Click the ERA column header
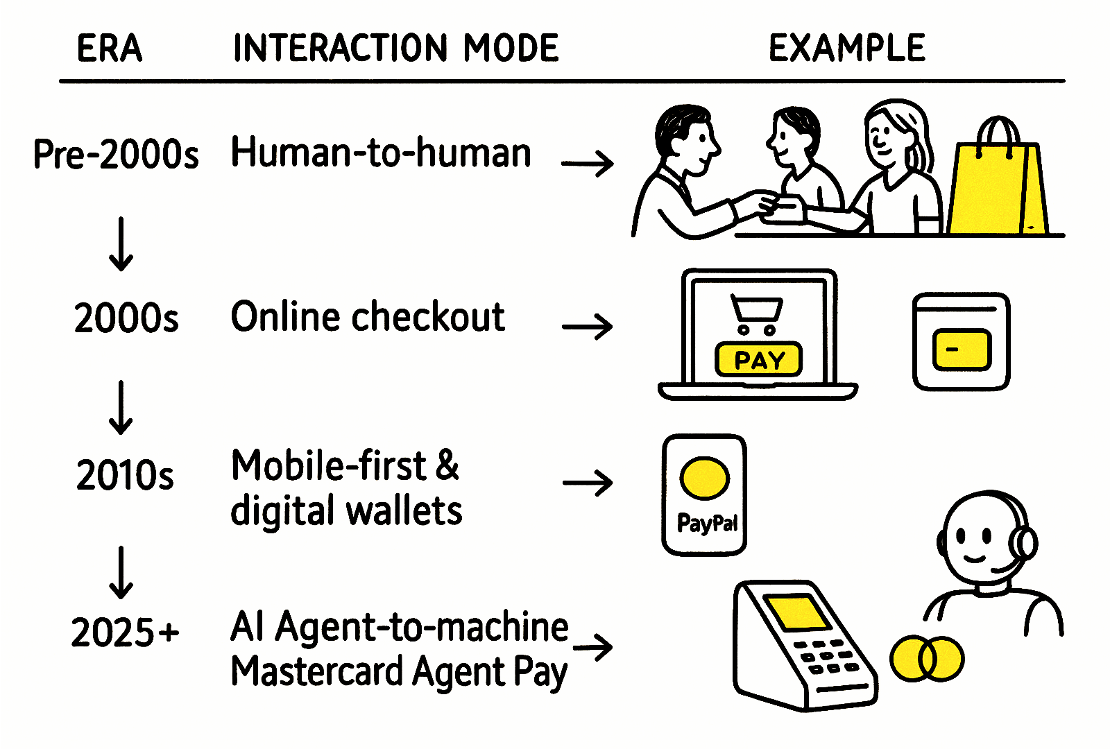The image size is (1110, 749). pos(109,49)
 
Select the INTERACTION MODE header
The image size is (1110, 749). pos(395,49)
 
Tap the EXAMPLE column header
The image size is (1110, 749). pos(846,49)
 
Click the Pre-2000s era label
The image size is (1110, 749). pos(116,154)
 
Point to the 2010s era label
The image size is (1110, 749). pos(125,476)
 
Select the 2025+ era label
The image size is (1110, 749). pos(125,632)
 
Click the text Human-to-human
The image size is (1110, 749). pos(380,153)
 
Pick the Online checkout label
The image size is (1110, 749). pos(367,318)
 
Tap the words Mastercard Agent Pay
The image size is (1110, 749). pos(399,671)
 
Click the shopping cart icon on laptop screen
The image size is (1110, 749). pos(757,314)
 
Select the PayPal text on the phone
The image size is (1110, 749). pos(706,523)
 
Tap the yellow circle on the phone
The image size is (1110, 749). pos(704,478)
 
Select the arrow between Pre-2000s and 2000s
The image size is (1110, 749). pos(121,243)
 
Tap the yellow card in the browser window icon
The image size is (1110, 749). pos(962,349)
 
